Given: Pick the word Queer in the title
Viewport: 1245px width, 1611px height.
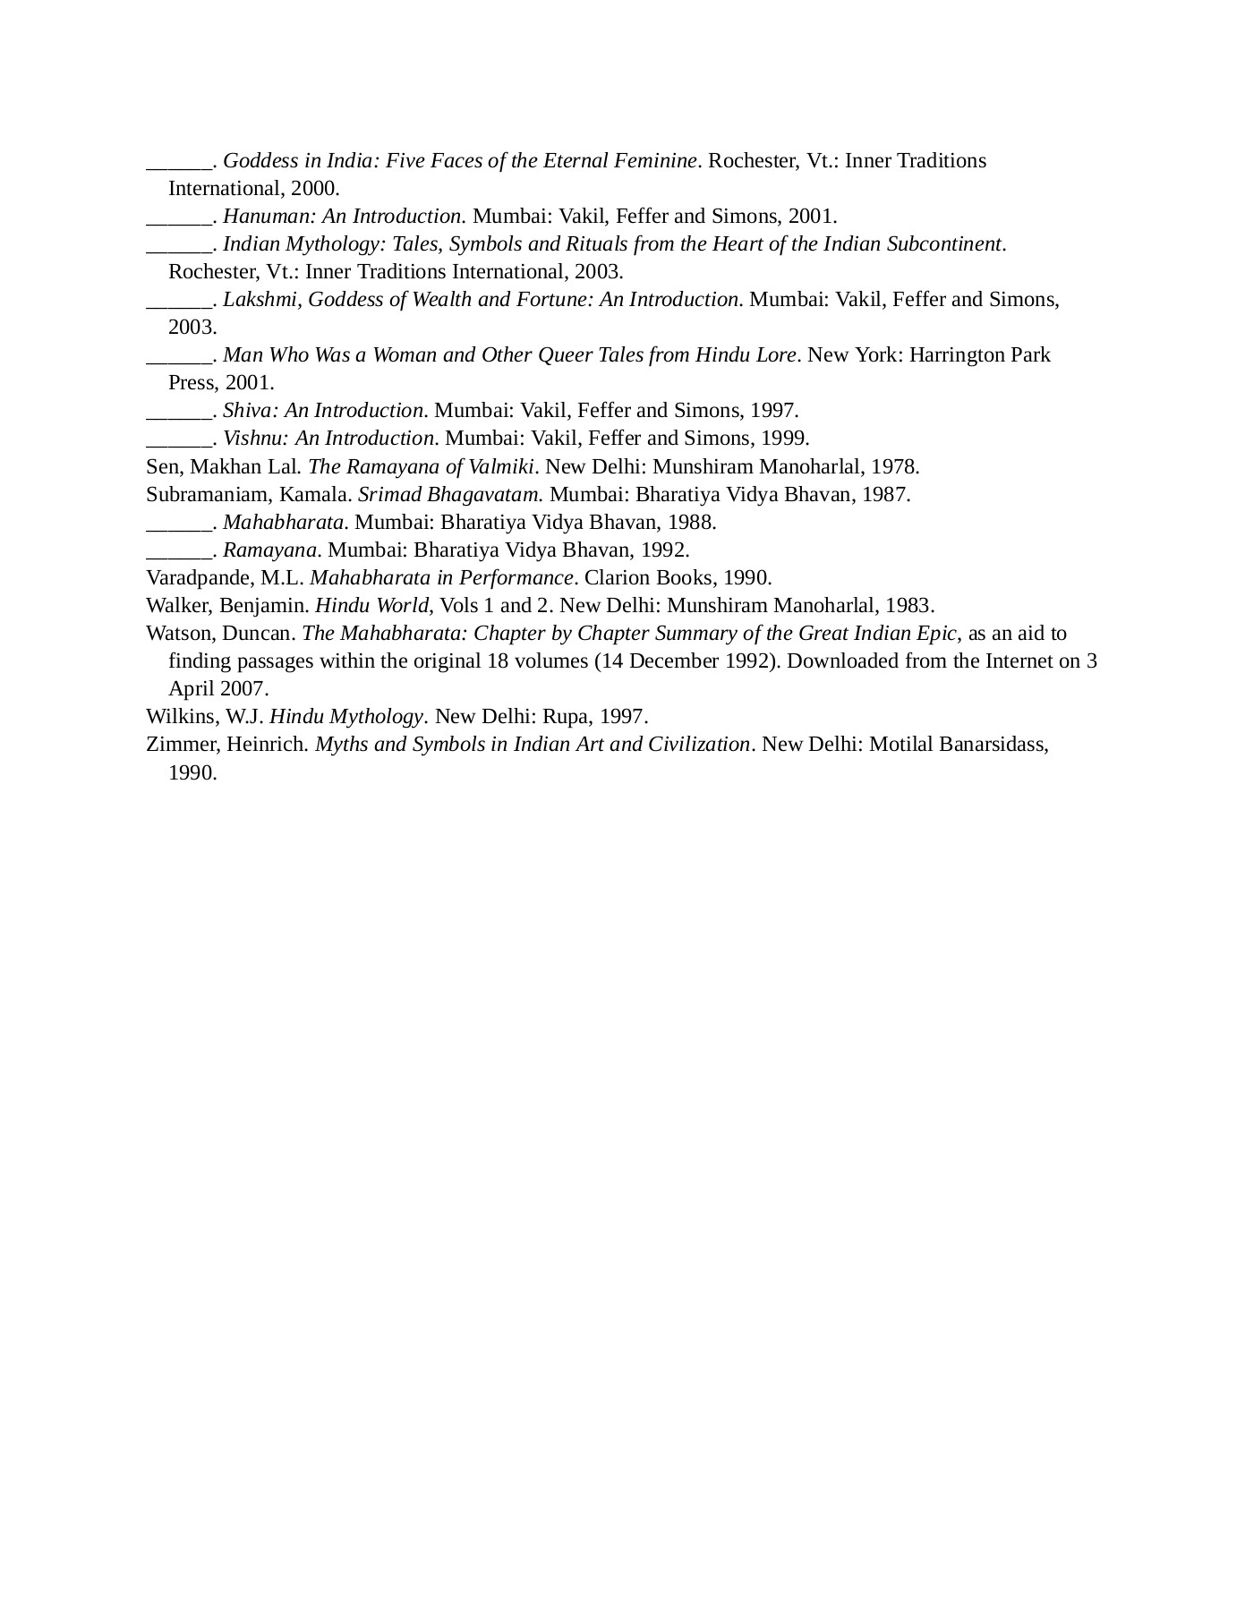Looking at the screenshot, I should [566, 354].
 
